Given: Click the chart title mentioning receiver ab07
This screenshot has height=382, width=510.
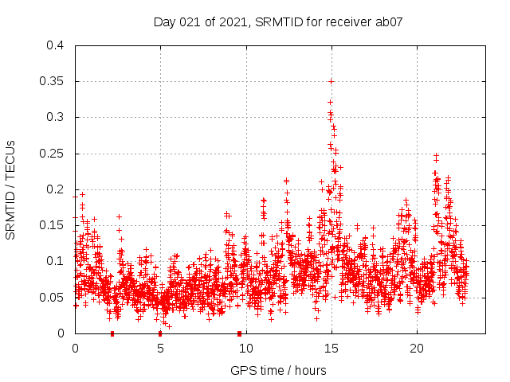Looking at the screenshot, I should [278, 22].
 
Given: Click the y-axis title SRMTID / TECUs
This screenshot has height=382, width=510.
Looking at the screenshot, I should [11, 190].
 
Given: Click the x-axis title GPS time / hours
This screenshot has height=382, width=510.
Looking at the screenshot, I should [278, 370].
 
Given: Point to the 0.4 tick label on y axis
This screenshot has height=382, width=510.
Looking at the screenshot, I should [55, 45].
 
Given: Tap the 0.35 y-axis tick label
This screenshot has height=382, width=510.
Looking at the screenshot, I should [52, 81].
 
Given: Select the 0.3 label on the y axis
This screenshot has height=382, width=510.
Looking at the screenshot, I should [55, 117].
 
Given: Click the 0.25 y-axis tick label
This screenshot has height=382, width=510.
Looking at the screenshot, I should [52, 154].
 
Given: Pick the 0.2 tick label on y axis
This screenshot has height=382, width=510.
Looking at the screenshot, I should [55, 189].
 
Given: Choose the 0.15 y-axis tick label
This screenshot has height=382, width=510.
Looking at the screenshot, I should [52, 225].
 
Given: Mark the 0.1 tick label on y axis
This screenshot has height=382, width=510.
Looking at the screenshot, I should [55, 261].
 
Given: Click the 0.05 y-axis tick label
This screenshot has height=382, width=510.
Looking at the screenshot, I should [52, 298].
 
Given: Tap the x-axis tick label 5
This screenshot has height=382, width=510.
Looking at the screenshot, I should [160, 349].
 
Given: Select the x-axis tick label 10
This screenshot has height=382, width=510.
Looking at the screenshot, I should [245, 349].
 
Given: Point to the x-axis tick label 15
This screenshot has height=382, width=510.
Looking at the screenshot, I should [331, 349].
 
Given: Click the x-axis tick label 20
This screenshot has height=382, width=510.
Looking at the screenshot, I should [416, 349].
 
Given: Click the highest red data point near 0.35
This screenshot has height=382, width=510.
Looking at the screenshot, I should [331, 81].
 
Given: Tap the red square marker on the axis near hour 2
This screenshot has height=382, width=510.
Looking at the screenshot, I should [112, 333].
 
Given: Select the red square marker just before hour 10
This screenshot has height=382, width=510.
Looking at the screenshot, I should [239, 333].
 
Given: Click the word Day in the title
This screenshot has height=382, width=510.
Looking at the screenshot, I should [164, 22].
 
